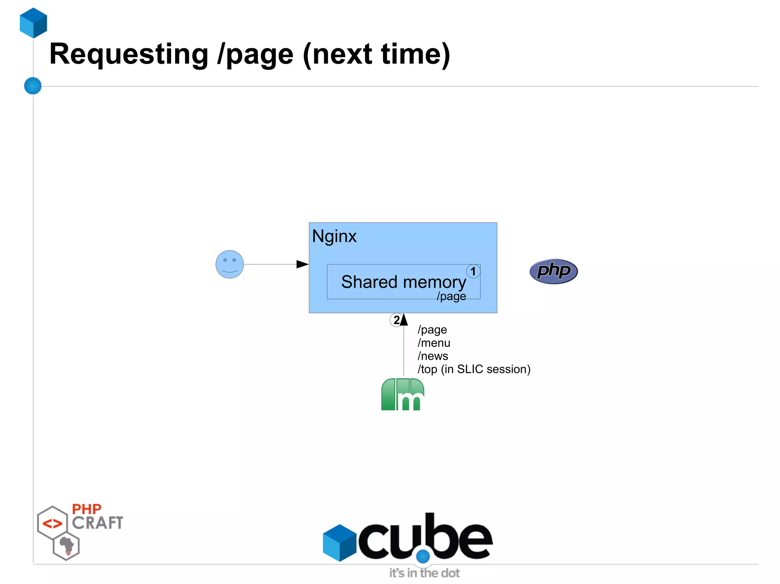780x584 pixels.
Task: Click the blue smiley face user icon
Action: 229,264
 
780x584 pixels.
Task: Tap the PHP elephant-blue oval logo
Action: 553,271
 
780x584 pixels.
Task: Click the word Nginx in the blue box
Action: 334,236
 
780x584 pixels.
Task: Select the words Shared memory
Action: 403,282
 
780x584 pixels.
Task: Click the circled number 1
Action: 473,271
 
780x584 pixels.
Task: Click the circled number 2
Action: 396,320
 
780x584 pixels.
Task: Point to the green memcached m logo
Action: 403,395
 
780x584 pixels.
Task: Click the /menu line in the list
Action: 434,343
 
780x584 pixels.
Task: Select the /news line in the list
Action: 433,356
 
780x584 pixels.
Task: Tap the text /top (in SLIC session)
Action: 474,369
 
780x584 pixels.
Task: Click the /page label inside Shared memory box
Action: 451,296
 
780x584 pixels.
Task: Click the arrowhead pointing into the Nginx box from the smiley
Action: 302,264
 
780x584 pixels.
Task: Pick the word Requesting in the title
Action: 129,54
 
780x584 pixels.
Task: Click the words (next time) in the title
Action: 376,54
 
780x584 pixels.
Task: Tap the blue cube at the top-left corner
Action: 34,23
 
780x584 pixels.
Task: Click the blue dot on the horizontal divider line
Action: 33,86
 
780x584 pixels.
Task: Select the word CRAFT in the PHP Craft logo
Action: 97,523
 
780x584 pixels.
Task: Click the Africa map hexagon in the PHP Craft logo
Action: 67,546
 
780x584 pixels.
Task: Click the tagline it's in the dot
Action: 424,573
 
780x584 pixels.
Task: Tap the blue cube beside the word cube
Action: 339,543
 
